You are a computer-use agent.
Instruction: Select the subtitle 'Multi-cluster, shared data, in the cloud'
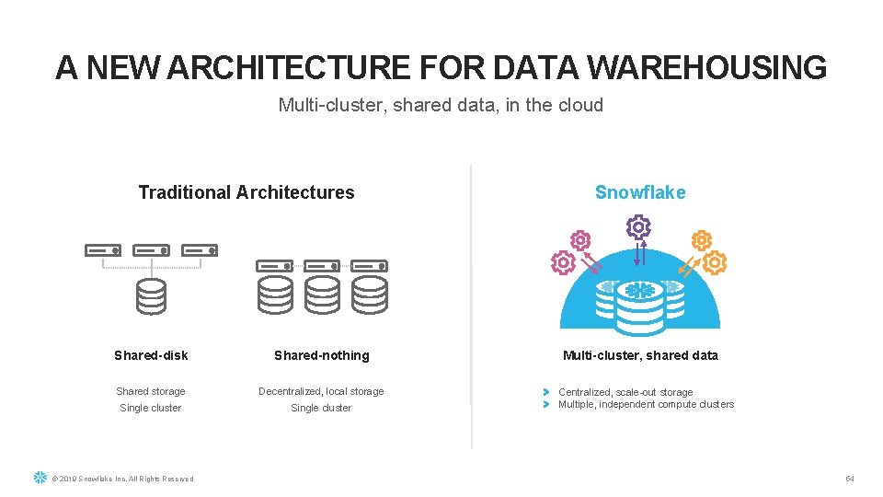click(x=441, y=105)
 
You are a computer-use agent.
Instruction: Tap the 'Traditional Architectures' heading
click(x=246, y=192)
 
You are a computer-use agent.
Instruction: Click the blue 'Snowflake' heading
click(x=640, y=192)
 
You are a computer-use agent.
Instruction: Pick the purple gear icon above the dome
click(x=637, y=227)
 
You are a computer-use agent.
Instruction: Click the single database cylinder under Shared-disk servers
click(x=151, y=296)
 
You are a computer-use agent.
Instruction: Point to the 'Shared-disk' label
click(x=151, y=355)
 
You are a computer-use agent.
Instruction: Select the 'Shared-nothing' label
click(x=321, y=355)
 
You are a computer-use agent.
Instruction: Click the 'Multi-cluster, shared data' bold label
click(x=640, y=355)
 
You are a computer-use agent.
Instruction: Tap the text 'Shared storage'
click(x=151, y=391)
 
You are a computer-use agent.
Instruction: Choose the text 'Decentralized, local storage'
click(x=321, y=391)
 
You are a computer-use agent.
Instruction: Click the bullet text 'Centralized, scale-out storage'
click(x=625, y=392)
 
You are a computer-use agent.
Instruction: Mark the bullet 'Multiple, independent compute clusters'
click(x=646, y=404)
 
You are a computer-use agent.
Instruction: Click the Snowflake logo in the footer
click(x=40, y=478)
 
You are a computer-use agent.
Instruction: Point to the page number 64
click(x=850, y=479)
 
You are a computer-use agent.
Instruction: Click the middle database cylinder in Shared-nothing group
click(x=322, y=295)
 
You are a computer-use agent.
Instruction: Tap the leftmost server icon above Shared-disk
click(x=102, y=250)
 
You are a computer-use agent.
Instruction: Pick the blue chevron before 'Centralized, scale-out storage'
click(x=545, y=392)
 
